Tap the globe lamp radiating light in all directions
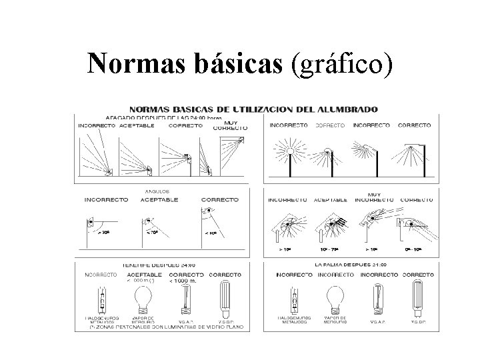[290, 150]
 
